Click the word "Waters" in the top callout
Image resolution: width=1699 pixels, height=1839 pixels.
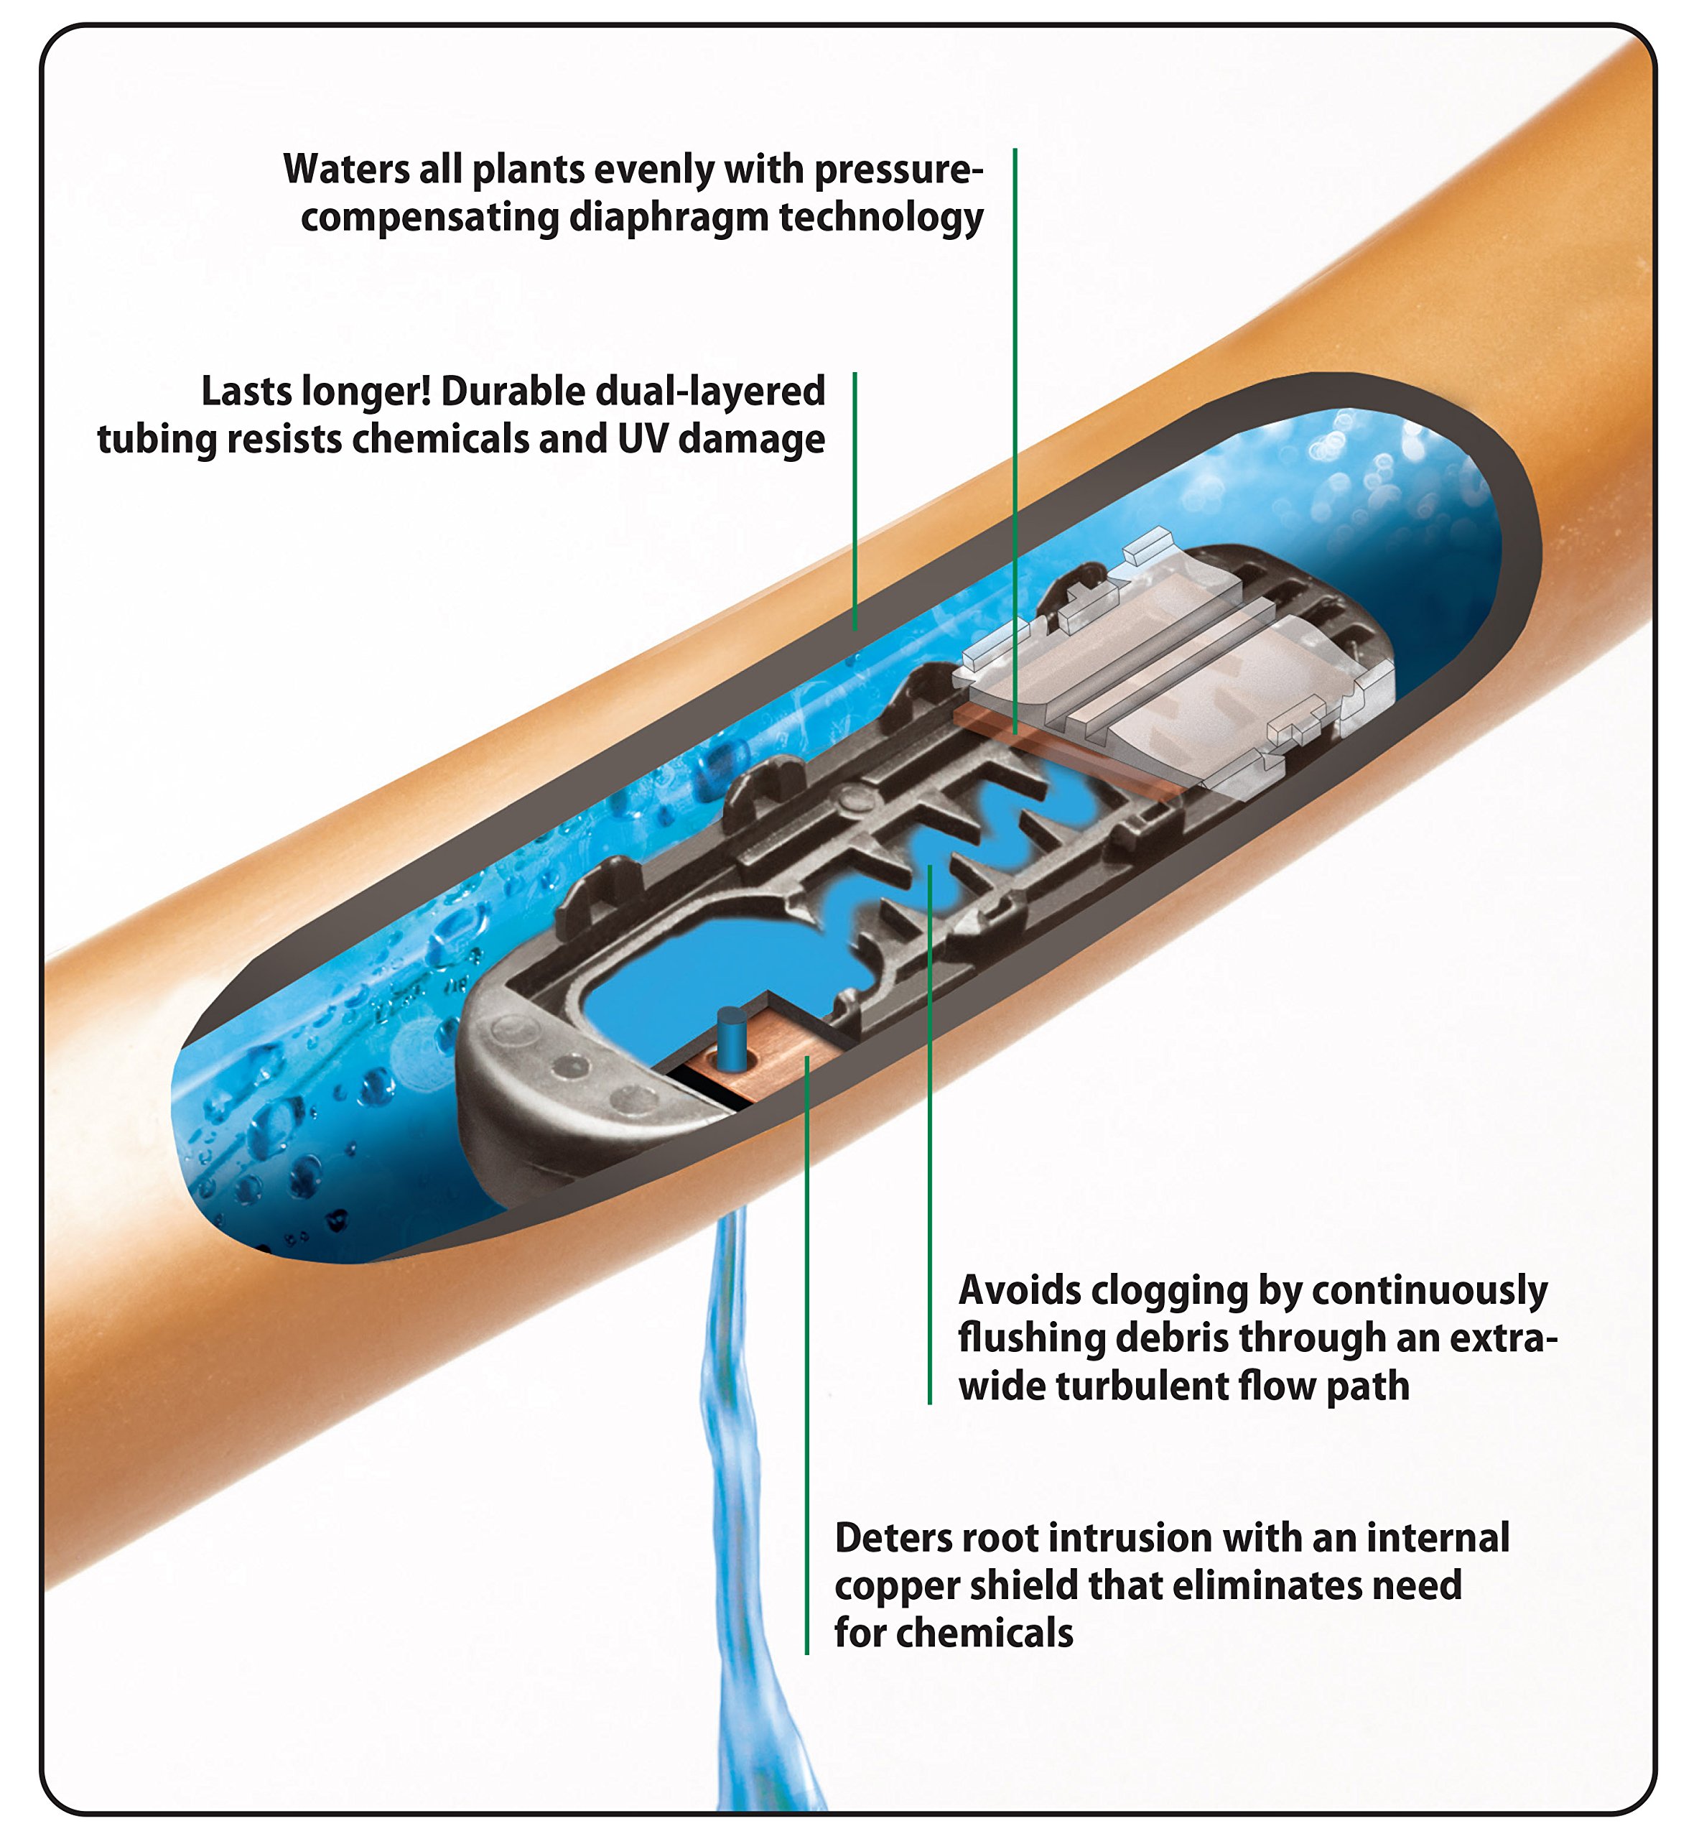click(x=345, y=170)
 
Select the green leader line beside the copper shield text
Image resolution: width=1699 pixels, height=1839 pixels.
click(x=806, y=1379)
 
